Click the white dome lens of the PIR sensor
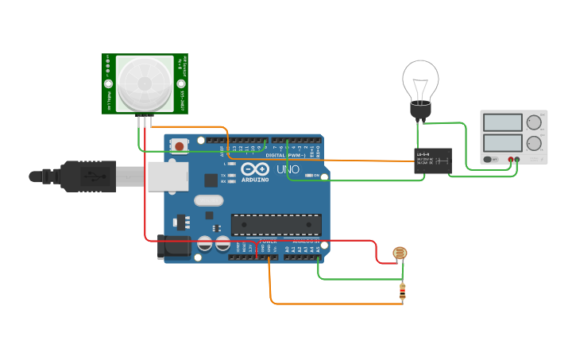point(145,83)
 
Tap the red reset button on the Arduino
point(180,145)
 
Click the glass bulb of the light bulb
point(420,79)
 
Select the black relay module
point(433,160)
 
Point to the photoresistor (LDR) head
point(400,254)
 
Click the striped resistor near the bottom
point(402,293)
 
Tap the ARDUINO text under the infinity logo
point(256,180)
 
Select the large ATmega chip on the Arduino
point(276,225)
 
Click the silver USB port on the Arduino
point(166,176)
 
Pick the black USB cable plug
point(87,176)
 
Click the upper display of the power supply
point(503,122)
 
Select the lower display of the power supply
point(503,144)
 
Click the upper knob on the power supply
point(535,122)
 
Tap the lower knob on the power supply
point(535,145)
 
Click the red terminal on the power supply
point(511,160)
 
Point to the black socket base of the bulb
point(420,110)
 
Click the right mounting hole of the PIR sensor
point(181,83)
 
